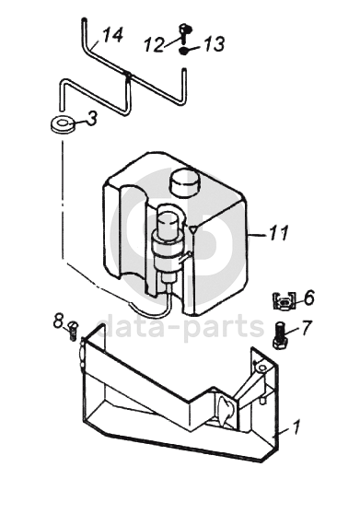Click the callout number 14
(113, 35)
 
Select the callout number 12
(154, 45)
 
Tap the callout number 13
(215, 44)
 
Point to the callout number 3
(92, 118)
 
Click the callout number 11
(279, 233)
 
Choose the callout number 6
(308, 298)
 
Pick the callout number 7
(307, 328)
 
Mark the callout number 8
(58, 321)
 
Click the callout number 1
(296, 427)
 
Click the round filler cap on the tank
(184, 182)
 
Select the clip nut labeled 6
(284, 300)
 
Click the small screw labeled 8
(73, 331)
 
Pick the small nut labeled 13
(184, 51)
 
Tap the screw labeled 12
(185, 34)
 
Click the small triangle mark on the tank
(194, 229)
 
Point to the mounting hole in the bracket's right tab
(262, 368)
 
